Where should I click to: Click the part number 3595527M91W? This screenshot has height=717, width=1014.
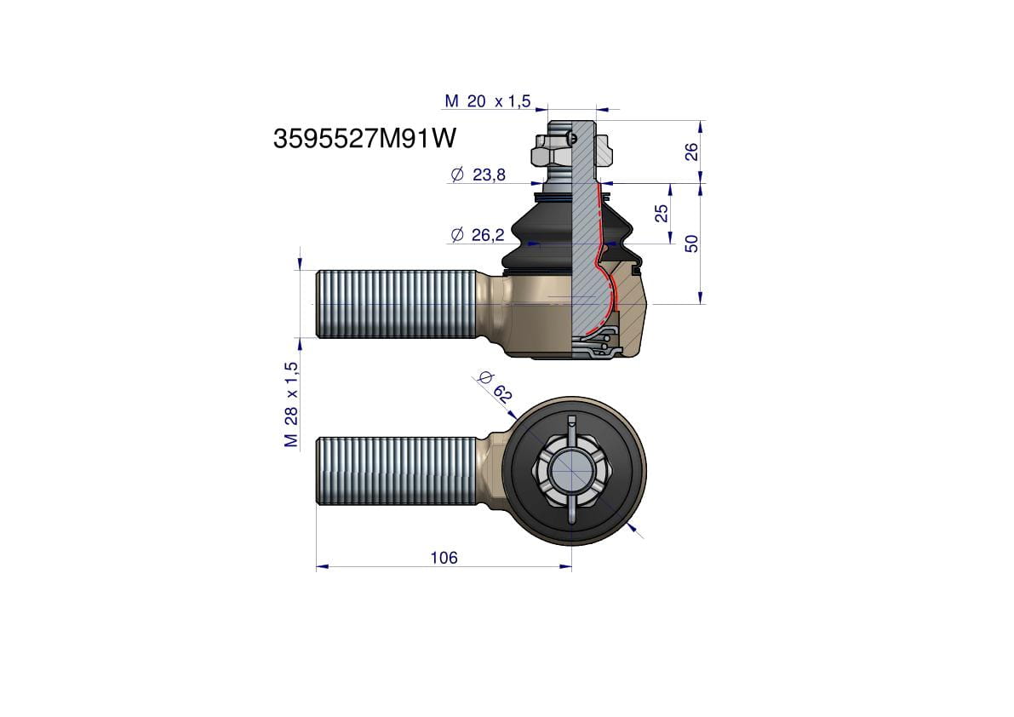[364, 138]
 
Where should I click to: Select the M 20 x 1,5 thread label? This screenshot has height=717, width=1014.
[488, 100]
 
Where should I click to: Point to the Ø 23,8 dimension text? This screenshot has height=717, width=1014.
[478, 175]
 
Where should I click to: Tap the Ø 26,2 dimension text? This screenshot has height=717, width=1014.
[478, 235]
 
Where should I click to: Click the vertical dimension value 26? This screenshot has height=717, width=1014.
[691, 152]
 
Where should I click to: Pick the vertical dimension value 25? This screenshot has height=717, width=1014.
[661, 214]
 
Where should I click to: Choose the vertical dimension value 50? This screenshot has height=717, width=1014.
[691, 244]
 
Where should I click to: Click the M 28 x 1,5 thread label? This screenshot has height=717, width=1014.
[291, 404]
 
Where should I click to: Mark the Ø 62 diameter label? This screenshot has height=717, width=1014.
[496, 387]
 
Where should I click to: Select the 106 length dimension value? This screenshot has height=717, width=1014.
[444, 557]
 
